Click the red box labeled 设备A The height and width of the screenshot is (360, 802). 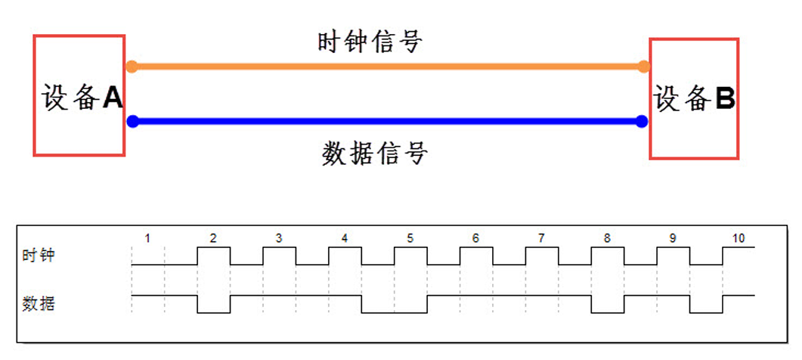pyautogui.click(x=79, y=96)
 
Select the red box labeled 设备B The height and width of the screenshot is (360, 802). pyautogui.click(x=694, y=98)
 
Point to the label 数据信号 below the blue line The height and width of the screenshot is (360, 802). pyautogui.click(x=374, y=154)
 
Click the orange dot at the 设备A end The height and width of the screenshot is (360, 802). pyautogui.click(x=132, y=67)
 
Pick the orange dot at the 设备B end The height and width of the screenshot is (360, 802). pyautogui.click(x=643, y=67)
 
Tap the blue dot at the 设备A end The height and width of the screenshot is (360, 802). pyautogui.click(x=132, y=121)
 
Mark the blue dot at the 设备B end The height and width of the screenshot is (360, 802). pyautogui.click(x=642, y=121)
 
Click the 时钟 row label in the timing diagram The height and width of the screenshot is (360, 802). pyautogui.click(x=39, y=256)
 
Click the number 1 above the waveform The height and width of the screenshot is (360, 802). pyautogui.click(x=147, y=238)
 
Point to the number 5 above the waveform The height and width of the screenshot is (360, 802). pyautogui.click(x=410, y=238)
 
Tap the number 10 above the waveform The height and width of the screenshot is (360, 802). pyautogui.click(x=738, y=238)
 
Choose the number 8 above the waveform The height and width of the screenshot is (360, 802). pyautogui.click(x=607, y=238)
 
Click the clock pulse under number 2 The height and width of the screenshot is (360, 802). pyautogui.click(x=213, y=256)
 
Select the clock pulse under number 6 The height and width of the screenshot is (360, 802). pyautogui.click(x=475, y=256)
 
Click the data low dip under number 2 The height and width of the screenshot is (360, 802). pyautogui.click(x=213, y=303)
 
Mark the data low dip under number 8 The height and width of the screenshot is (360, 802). pyautogui.click(x=608, y=303)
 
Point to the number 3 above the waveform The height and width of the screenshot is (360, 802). pyautogui.click(x=279, y=238)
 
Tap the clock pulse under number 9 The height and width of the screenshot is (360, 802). pyautogui.click(x=673, y=256)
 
